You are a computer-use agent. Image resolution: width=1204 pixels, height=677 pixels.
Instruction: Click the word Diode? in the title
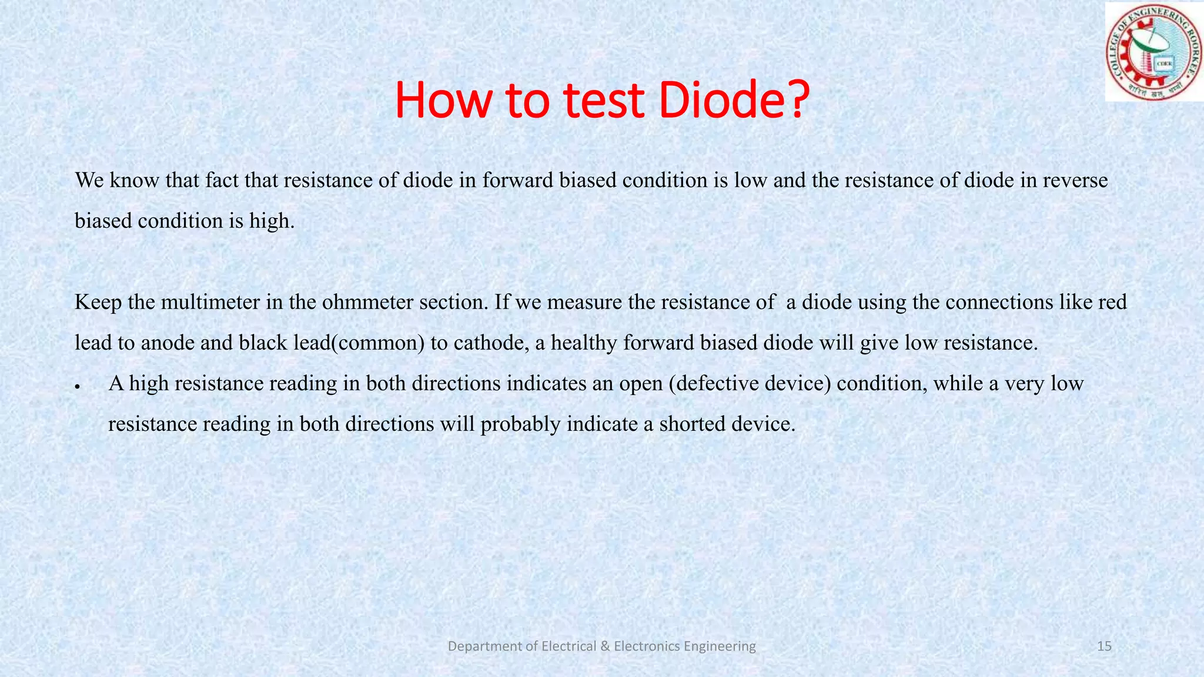pyautogui.click(x=734, y=100)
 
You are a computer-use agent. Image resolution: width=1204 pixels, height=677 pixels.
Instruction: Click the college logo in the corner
pyautogui.click(x=1153, y=51)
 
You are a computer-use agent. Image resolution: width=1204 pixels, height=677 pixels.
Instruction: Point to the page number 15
pyautogui.click(x=1104, y=646)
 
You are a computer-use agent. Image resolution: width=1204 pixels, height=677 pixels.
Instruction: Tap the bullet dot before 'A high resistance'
pyautogui.click(x=77, y=387)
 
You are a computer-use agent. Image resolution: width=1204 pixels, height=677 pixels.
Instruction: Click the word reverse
pyautogui.click(x=1075, y=180)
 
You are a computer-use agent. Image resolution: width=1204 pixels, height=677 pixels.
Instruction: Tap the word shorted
pyautogui.click(x=692, y=424)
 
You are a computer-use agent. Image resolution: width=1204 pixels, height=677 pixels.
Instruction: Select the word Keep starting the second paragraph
pyautogui.click(x=98, y=302)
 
